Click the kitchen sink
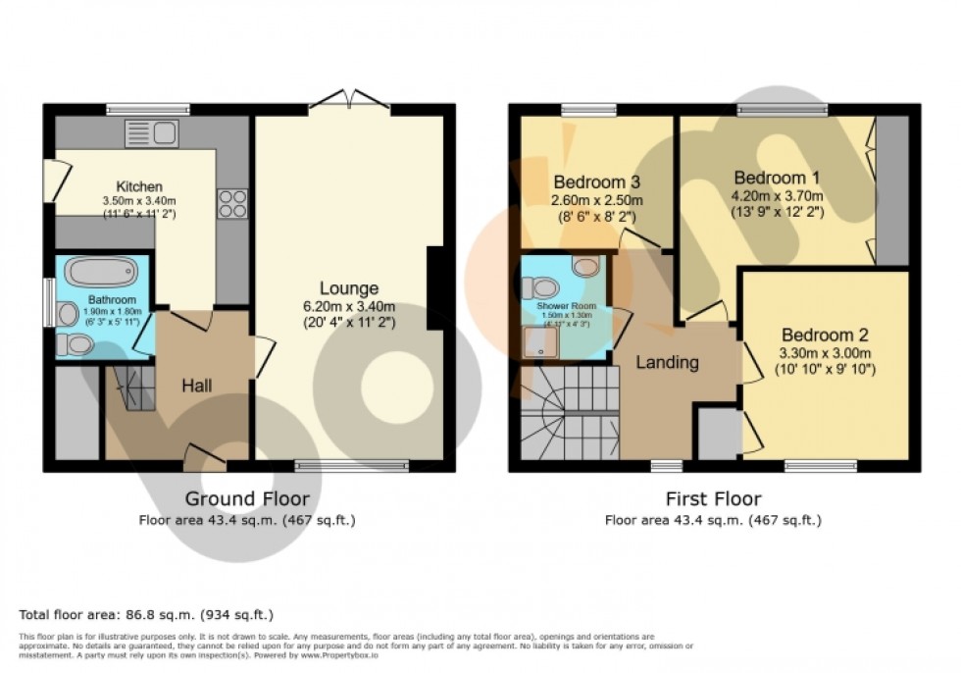pyautogui.click(x=151, y=132)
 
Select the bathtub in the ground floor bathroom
pyautogui.click(x=102, y=272)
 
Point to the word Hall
pyautogui.click(x=197, y=386)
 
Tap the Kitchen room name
pyautogui.click(x=139, y=186)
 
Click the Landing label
pyautogui.click(x=667, y=362)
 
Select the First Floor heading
pyautogui.click(x=712, y=498)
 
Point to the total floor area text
pyautogui.click(x=146, y=614)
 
